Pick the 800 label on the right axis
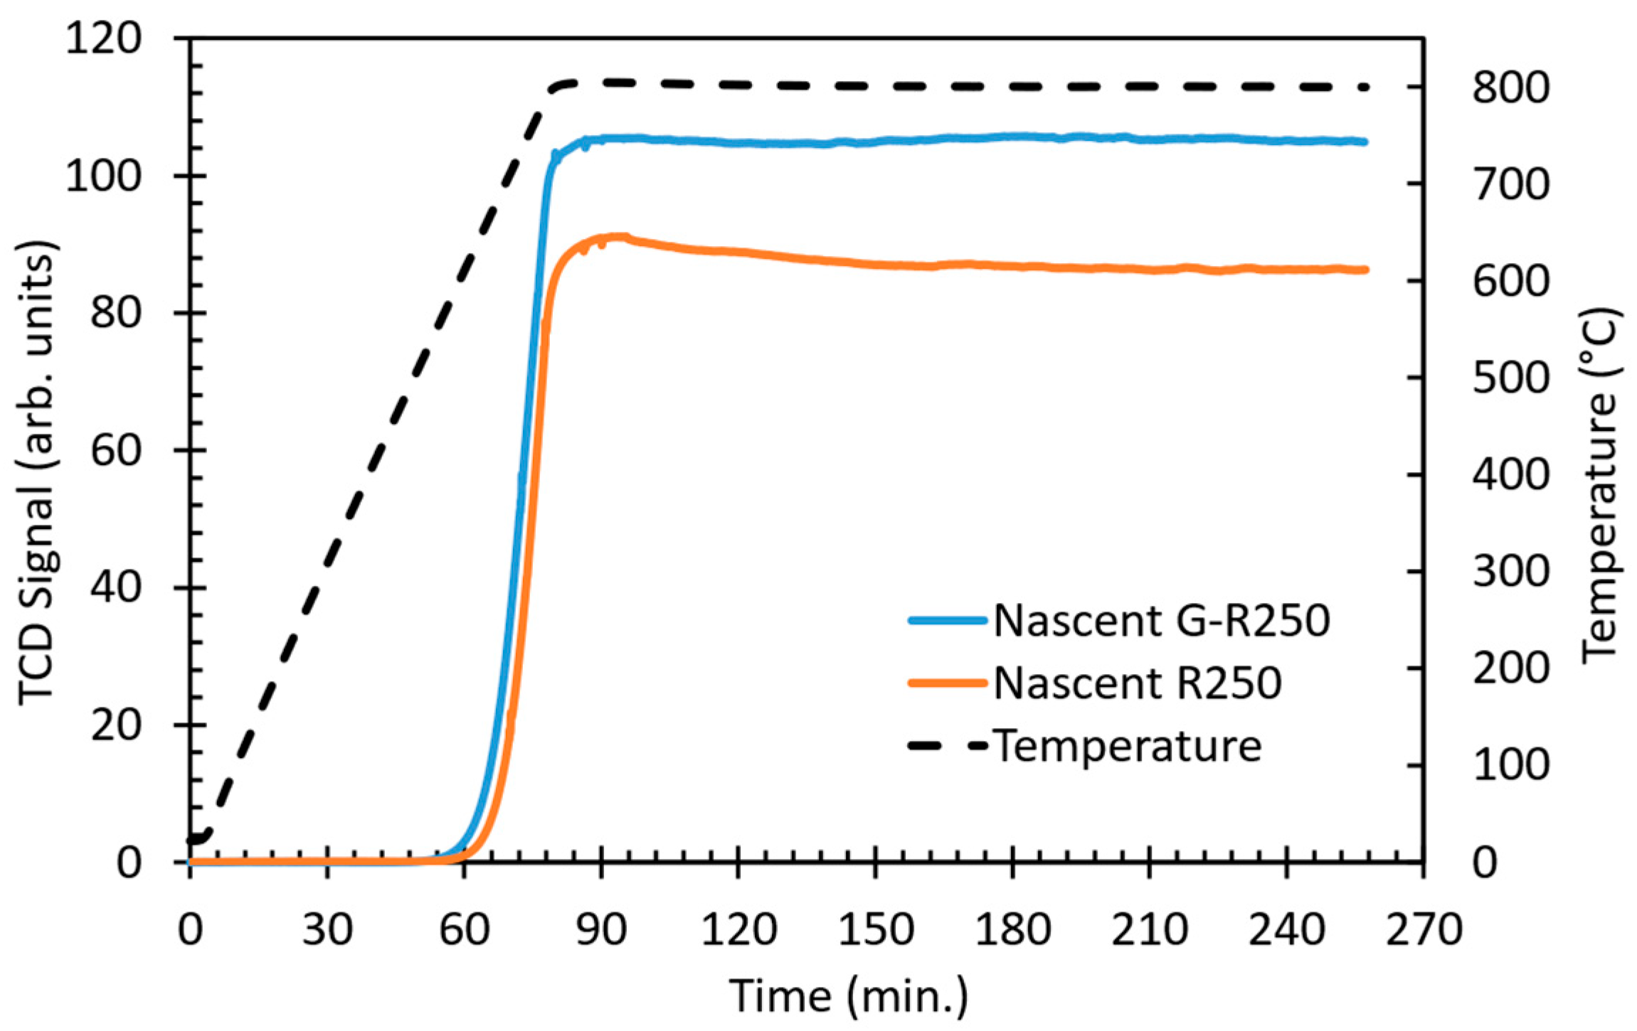(x=1510, y=88)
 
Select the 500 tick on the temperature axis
(x=1510, y=378)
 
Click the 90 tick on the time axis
(x=601, y=929)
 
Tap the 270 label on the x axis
(x=1424, y=929)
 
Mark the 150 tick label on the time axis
(x=875, y=929)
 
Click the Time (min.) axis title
(x=849, y=995)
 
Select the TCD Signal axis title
(x=36, y=473)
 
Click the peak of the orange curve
(x=618, y=237)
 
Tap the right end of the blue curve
(x=1365, y=142)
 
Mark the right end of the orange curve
(x=1365, y=269)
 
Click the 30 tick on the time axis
(x=327, y=929)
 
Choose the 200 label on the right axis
(x=1510, y=668)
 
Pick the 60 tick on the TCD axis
(x=116, y=451)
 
